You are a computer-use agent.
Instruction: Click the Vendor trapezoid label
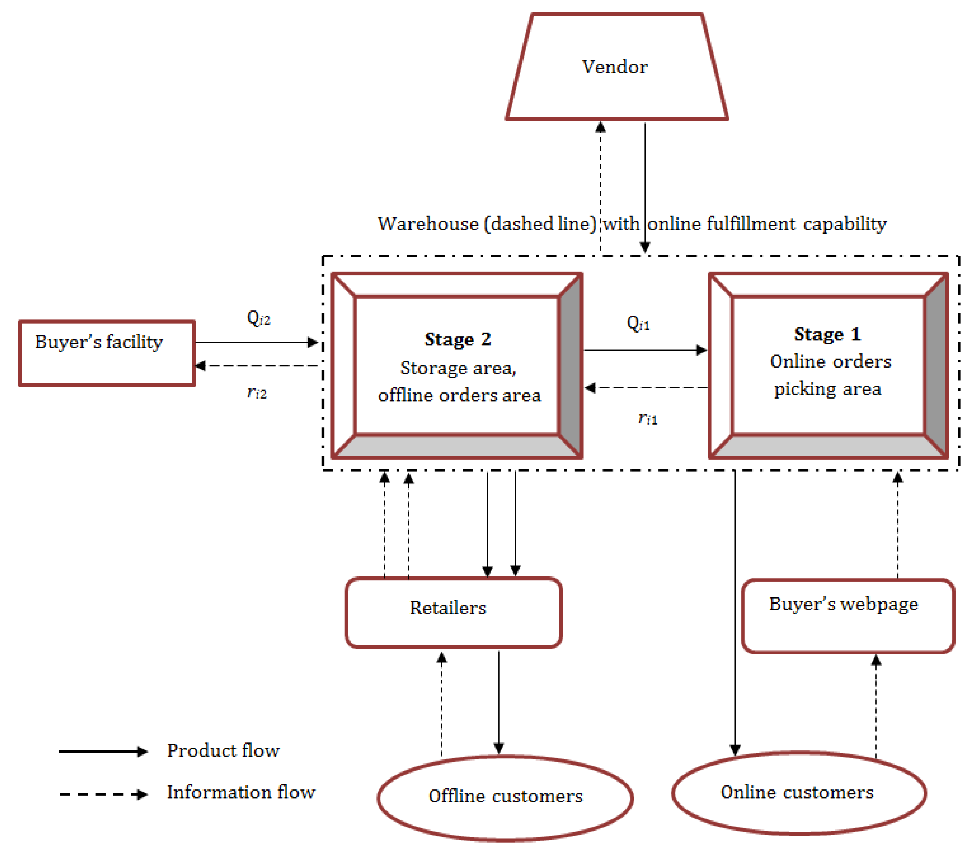615,67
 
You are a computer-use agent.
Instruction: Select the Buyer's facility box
107,353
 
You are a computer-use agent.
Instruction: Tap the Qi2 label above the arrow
258,318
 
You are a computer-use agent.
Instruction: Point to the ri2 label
257,392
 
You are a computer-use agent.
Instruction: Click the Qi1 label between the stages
638,323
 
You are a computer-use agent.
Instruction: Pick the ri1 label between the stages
647,419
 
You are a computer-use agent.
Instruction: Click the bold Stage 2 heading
458,339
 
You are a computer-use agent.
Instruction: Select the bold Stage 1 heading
827,334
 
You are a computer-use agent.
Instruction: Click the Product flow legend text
223,751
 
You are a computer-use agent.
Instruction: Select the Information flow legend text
241,792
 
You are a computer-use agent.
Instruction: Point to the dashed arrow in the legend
103,794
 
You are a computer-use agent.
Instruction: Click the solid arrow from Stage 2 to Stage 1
645,350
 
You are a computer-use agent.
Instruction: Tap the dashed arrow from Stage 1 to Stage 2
646,388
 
